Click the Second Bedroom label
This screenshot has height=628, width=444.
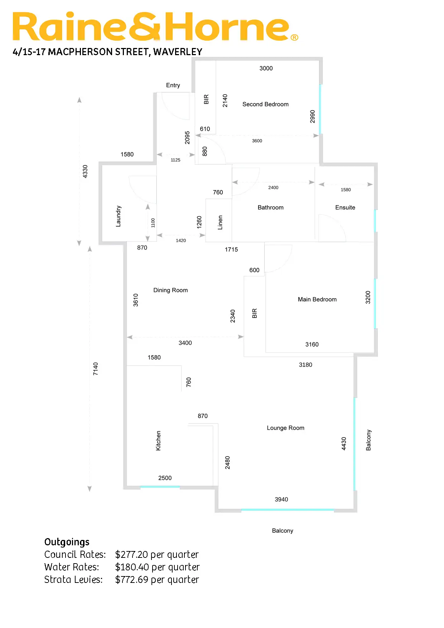coord(265,104)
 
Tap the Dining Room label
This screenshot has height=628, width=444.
coord(170,290)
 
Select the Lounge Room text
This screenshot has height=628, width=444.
coord(285,428)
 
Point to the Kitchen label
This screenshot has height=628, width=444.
coord(158,440)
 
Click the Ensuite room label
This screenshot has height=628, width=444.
coord(345,207)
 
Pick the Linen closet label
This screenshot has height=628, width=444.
coord(220,222)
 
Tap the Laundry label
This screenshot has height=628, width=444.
coord(119,216)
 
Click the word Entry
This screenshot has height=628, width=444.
coord(173,85)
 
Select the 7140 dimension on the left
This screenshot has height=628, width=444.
coord(96,369)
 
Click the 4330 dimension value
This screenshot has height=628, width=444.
coord(85,171)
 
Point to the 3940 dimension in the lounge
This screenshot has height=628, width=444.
coord(281,499)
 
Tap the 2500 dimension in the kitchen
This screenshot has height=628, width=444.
coord(165,478)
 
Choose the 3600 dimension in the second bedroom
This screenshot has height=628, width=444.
coord(257,141)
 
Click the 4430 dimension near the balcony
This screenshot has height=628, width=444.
coord(344,444)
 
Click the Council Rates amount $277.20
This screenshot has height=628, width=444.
coord(131,555)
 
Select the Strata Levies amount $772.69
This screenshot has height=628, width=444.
coord(131,580)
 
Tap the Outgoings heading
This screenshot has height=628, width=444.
coord(67,542)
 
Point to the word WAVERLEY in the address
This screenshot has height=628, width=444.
coord(178,52)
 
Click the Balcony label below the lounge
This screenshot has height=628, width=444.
coord(283,531)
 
